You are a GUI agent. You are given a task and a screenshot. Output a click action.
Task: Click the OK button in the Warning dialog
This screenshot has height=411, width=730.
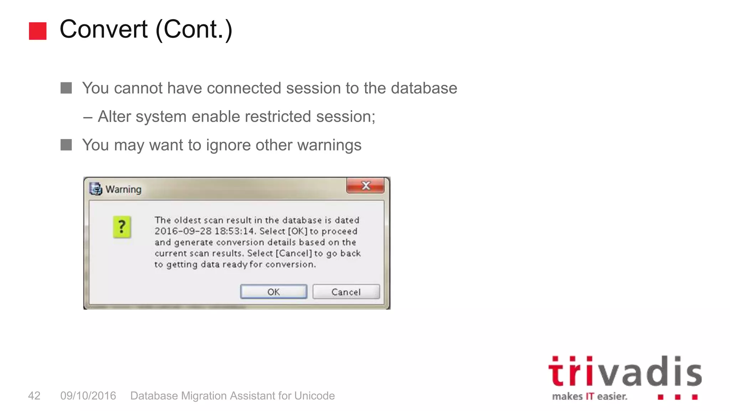(x=273, y=292)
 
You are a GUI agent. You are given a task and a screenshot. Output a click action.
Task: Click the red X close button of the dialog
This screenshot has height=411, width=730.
(x=365, y=186)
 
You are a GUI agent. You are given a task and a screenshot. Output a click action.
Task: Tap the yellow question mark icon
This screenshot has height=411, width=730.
(x=122, y=227)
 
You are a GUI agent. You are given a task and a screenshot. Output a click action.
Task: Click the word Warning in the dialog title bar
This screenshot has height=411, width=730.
(x=123, y=189)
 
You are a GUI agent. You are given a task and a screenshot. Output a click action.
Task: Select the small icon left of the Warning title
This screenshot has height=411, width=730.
(x=96, y=189)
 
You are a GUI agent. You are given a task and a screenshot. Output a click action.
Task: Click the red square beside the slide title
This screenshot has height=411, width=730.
(x=38, y=31)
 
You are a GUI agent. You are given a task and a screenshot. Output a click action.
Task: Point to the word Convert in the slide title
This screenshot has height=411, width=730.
(x=103, y=29)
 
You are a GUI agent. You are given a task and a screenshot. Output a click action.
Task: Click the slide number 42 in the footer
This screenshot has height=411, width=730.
(x=34, y=396)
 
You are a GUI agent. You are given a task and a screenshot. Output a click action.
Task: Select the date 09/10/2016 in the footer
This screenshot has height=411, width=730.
(x=88, y=396)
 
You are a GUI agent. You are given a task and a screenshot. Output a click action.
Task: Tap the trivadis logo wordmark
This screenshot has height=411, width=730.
(x=624, y=372)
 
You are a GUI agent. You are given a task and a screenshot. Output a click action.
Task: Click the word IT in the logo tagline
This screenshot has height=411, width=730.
(x=590, y=396)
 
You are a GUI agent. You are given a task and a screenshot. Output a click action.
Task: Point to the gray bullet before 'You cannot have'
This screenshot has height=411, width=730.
(x=66, y=88)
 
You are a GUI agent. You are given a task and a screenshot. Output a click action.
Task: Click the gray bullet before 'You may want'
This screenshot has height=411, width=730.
(x=66, y=145)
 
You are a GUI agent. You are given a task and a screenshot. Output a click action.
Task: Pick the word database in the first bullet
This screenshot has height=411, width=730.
(x=424, y=88)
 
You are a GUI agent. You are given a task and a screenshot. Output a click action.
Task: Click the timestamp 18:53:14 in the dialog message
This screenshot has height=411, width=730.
(x=235, y=231)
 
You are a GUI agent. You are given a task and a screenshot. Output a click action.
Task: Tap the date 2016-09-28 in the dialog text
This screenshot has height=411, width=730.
(x=183, y=231)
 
